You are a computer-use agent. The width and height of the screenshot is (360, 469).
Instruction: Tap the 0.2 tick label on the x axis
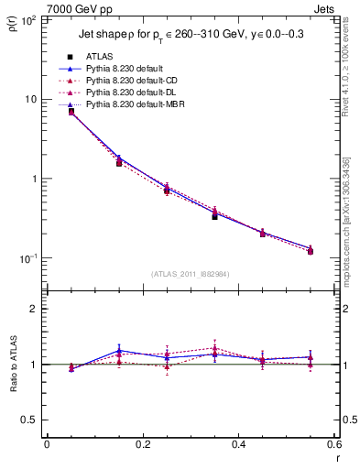(x=142, y=445)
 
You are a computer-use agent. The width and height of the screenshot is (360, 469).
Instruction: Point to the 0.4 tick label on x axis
(x=238, y=445)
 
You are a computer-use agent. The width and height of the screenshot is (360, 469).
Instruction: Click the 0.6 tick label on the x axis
(x=333, y=445)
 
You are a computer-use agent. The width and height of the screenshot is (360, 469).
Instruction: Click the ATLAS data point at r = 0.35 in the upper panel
(x=214, y=216)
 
